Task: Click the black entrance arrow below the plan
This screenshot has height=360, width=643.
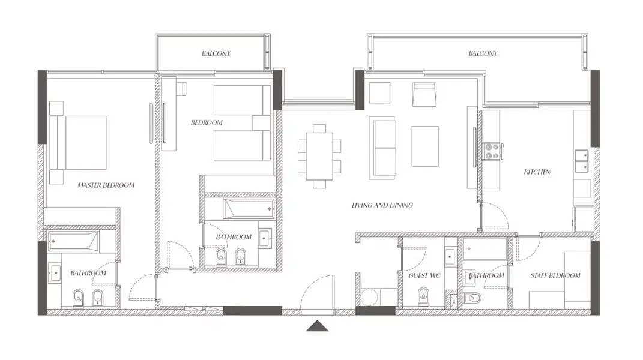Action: click(x=317, y=326)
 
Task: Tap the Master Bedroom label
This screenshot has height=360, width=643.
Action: click(x=106, y=185)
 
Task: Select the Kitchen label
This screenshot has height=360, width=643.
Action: click(x=537, y=172)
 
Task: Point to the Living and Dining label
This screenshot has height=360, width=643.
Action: click(x=382, y=205)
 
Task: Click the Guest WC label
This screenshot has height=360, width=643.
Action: click(x=424, y=275)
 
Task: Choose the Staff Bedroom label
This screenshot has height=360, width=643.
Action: click(x=555, y=275)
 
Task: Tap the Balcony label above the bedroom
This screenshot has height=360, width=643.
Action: click(x=216, y=53)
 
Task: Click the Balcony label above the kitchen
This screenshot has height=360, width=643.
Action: click(x=483, y=53)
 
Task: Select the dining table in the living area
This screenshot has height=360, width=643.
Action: click(x=319, y=156)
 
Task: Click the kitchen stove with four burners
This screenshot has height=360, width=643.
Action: click(x=491, y=151)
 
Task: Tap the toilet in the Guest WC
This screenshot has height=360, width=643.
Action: click(x=423, y=296)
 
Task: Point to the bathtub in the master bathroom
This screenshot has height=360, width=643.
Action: click(x=73, y=242)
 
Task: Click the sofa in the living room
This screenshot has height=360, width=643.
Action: click(x=382, y=148)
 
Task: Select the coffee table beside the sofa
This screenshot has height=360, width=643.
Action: click(x=425, y=146)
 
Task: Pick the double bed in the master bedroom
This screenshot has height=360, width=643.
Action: click(x=78, y=143)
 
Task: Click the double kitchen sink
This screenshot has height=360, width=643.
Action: click(x=582, y=161)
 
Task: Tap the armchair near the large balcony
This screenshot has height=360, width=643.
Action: click(x=424, y=94)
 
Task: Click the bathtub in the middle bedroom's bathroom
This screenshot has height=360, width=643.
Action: click(x=249, y=209)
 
